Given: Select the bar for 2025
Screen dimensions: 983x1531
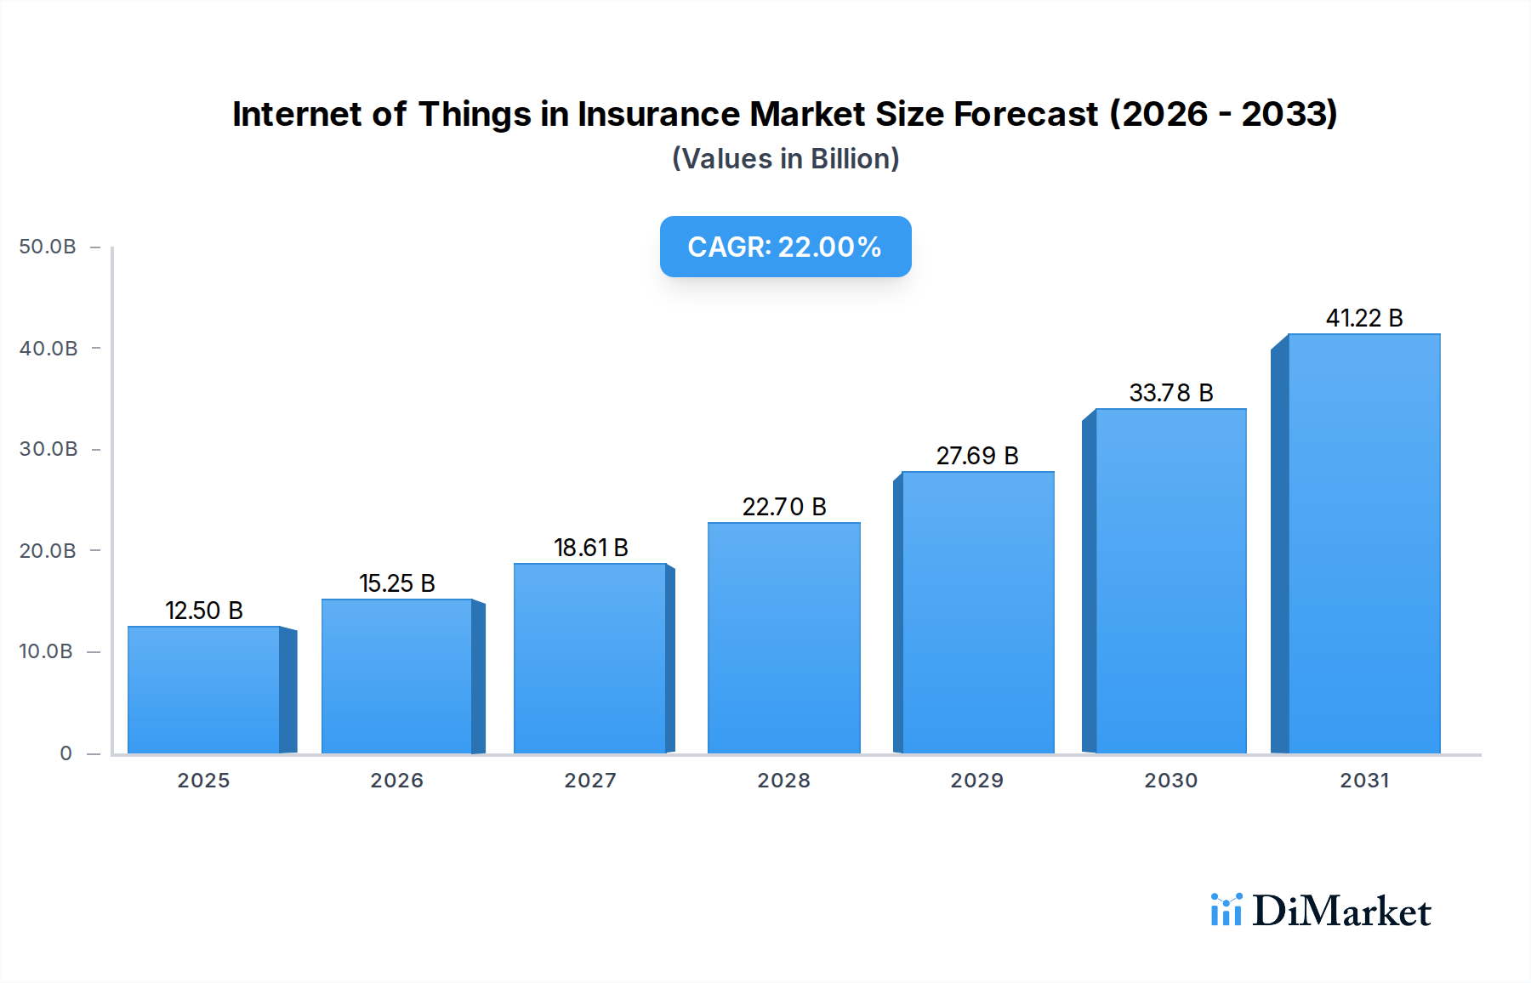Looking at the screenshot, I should (204, 690).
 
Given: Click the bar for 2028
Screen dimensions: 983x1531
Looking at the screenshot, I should (783, 638).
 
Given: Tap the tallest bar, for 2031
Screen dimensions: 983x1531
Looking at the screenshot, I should (1363, 544).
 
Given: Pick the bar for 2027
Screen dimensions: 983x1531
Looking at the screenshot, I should (589, 658).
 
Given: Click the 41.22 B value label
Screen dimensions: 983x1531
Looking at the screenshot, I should (1363, 318).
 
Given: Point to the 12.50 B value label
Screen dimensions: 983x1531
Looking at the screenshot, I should (204, 611).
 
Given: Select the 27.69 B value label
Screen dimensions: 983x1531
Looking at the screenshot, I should (977, 456).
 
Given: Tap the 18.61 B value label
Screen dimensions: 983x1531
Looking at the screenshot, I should (590, 548).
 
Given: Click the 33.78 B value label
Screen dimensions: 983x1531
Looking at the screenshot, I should (1170, 393).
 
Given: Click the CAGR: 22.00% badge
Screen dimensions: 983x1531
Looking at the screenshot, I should (785, 247).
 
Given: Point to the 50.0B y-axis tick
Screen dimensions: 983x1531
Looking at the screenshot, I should (48, 247).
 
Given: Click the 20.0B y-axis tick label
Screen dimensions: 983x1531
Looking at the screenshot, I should (48, 551).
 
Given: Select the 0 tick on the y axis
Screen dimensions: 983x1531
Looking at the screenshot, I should (65, 753).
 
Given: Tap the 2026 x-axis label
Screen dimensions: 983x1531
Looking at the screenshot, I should (396, 781).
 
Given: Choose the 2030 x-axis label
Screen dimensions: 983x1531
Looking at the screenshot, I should (1170, 781).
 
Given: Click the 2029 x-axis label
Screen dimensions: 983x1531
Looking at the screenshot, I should (976, 781).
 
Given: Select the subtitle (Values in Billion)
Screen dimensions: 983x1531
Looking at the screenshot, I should (785, 159).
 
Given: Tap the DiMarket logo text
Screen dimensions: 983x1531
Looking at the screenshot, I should (1341, 912).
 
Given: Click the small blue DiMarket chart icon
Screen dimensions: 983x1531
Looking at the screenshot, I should (1226, 910).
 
